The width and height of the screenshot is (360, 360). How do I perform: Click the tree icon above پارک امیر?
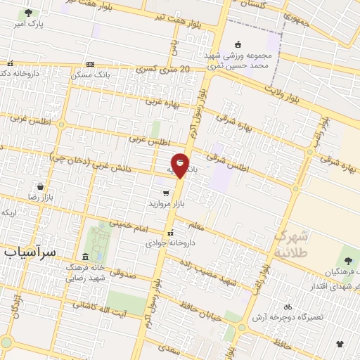point(28,13)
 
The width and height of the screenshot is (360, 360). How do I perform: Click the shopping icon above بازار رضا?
point(41,186)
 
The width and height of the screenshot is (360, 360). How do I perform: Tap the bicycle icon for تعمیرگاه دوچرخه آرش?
point(288,307)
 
